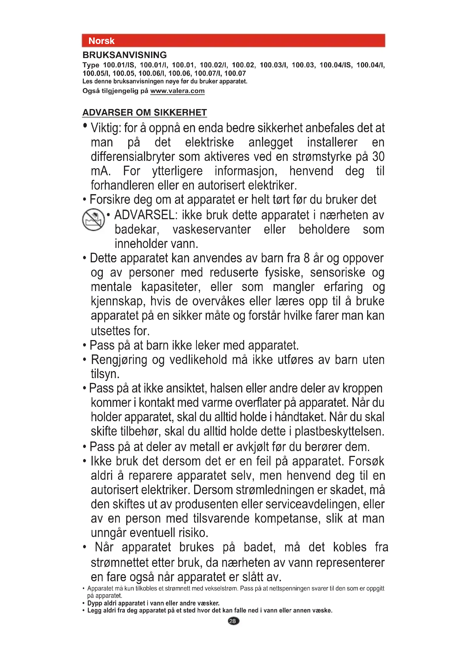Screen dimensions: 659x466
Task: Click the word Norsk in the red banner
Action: [x=101, y=41]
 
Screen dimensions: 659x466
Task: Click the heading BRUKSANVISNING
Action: [x=125, y=55]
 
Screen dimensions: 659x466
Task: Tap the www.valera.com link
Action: [x=177, y=91]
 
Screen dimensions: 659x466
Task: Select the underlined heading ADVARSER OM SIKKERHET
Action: [x=145, y=112]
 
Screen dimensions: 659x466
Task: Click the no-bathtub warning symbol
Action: [x=93, y=219]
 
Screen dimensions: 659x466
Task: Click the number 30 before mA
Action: [x=378, y=157]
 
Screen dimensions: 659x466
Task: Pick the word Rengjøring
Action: [x=119, y=360]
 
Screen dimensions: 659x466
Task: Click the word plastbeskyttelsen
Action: [x=339, y=431]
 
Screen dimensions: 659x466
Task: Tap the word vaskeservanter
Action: [x=212, y=229]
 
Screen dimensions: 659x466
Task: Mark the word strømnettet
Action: [x=119, y=563]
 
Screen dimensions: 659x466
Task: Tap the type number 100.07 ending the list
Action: [x=235, y=74]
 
